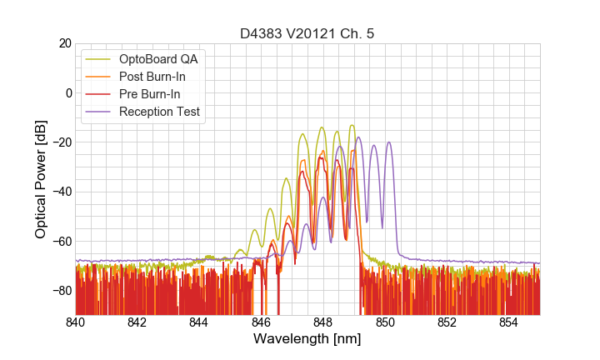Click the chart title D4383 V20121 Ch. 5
tap(307, 34)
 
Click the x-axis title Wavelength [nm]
tap(307, 339)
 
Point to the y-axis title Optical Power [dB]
tap(41, 178)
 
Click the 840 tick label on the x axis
tap(76, 322)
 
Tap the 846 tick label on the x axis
tap(261, 322)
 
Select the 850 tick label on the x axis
tap(385, 322)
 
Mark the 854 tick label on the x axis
tap(508, 322)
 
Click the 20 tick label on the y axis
tap(64, 43)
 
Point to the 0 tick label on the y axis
tap(67, 92)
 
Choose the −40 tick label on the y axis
tap(61, 192)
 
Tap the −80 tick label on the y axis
tap(61, 291)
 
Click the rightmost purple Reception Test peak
tap(388, 142)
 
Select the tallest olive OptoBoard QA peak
tap(352, 125)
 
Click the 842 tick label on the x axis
tap(137, 322)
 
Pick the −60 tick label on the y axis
tap(61, 242)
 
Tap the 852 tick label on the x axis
tap(447, 322)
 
